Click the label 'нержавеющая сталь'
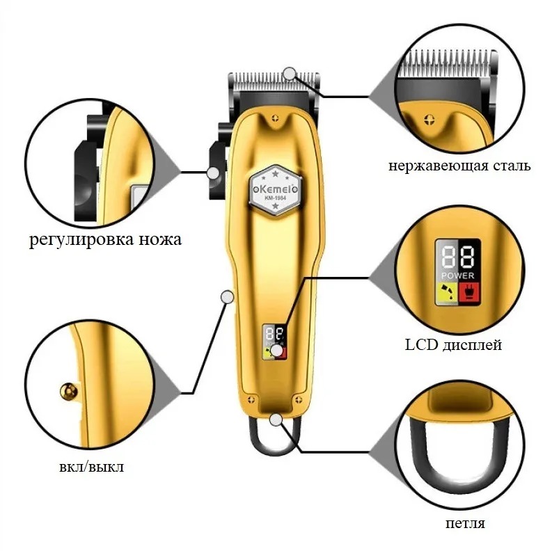(459, 166)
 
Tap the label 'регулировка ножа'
(105, 240)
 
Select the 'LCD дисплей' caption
(453, 345)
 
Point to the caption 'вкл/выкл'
(91, 468)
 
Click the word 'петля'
(465, 523)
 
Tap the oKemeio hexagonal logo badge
(275, 190)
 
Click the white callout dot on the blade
(290, 74)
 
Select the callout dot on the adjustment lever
(213, 173)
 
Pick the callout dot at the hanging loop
(276, 420)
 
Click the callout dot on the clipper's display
(278, 351)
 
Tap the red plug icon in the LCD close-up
(470, 293)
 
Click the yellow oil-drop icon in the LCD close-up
(447, 293)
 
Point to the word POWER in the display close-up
(457, 275)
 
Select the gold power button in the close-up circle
(69, 392)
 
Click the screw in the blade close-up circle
(429, 120)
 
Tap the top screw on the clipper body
(275, 118)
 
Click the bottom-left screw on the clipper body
(251, 399)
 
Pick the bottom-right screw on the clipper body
(299, 399)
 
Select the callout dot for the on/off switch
(227, 297)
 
